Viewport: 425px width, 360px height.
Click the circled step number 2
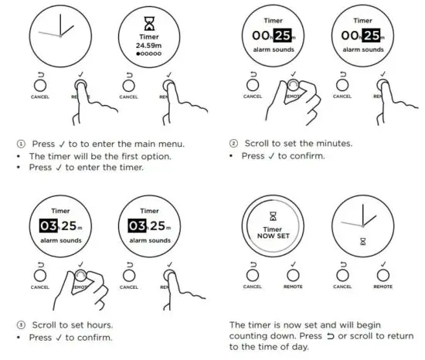[233, 144]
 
